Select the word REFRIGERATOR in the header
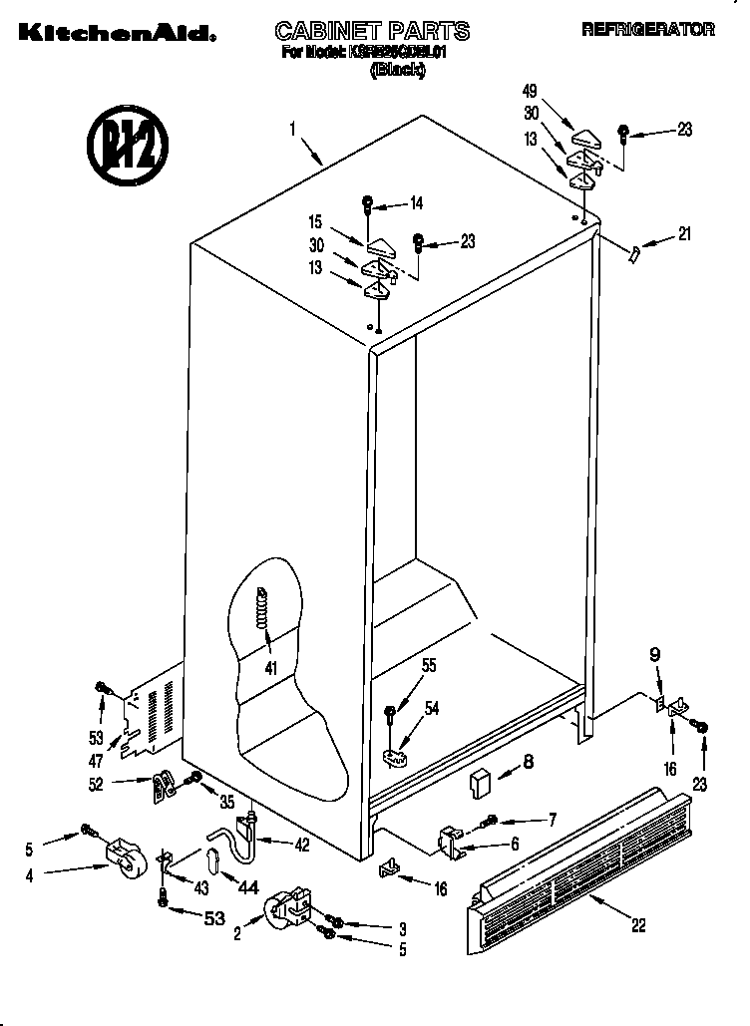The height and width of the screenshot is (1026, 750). tap(647, 30)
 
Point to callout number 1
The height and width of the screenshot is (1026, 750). tap(293, 128)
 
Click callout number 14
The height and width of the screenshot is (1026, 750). tap(416, 203)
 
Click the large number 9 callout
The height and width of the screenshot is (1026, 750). tap(654, 655)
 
